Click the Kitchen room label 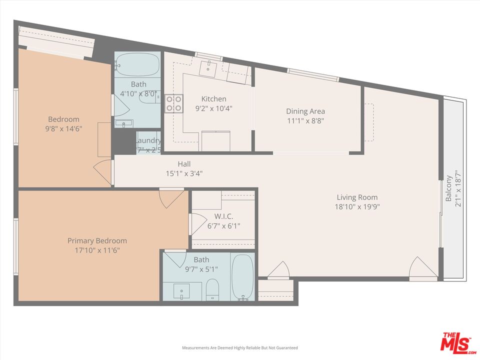click(x=213, y=99)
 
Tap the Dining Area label click(x=305, y=111)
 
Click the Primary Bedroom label click(x=97, y=241)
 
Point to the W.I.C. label click(x=223, y=216)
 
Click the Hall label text click(x=184, y=164)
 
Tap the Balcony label click(x=449, y=188)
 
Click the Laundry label click(x=148, y=141)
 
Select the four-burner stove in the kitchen click(x=174, y=103)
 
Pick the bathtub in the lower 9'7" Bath click(x=243, y=277)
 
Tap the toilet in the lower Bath click(x=212, y=289)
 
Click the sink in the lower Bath click(x=181, y=291)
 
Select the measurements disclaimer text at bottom click(x=239, y=347)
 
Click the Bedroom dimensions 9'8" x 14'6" click(x=63, y=128)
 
